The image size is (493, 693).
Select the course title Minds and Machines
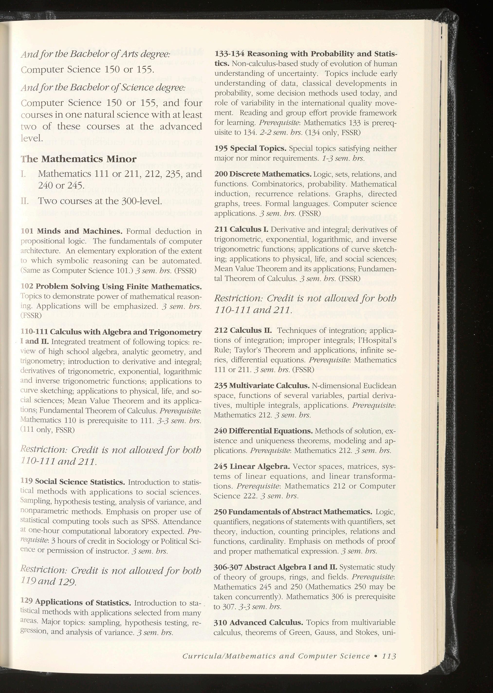[80, 231]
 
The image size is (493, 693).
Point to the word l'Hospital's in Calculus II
[377, 340]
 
